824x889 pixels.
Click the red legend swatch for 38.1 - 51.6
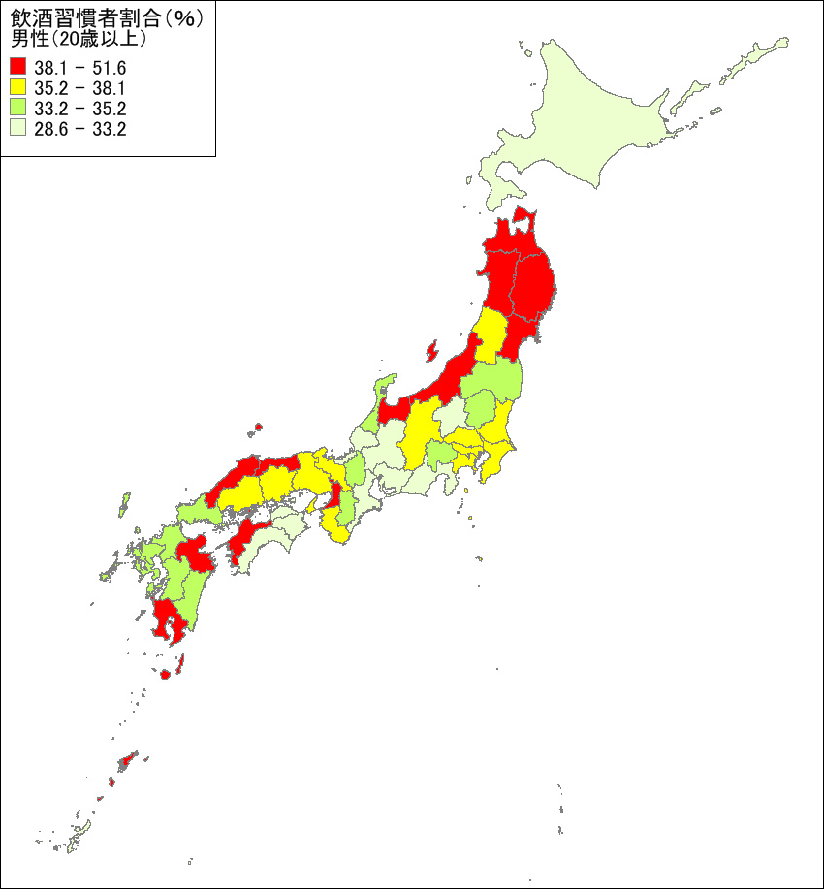(x=18, y=68)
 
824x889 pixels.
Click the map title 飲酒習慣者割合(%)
(x=107, y=19)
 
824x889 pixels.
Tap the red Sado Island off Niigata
(x=432, y=349)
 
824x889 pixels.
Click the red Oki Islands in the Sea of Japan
(x=259, y=427)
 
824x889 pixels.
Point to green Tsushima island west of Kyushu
(x=124, y=504)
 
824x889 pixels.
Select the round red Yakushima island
(x=165, y=674)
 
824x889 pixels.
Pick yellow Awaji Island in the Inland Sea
(x=311, y=506)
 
